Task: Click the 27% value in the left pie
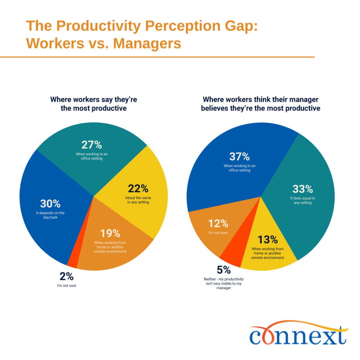(91, 145)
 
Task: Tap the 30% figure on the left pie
(50, 204)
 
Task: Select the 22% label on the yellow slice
(138, 189)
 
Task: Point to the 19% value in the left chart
(110, 233)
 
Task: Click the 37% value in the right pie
(239, 156)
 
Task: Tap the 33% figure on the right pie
(302, 189)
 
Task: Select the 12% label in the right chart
(218, 223)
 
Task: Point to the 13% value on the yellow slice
(268, 240)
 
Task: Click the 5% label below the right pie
(224, 270)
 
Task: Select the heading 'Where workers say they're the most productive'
(94, 104)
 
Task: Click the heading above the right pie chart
(261, 104)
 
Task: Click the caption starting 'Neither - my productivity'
(224, 283)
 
